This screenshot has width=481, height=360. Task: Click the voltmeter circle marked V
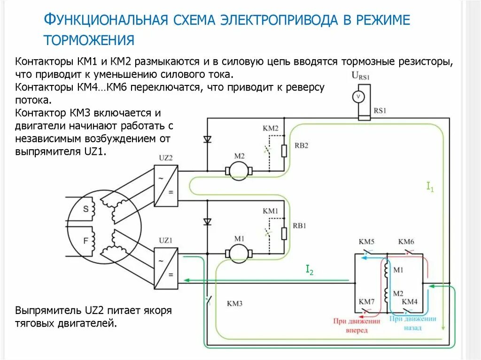tap(358, 96)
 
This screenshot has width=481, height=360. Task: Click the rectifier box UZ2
tap(166, 186)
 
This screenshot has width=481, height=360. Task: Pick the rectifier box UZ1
tap(166, 268)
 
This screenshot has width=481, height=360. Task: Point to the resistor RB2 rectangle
tap(284, 151)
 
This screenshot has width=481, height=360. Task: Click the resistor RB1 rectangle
tap(284, 233)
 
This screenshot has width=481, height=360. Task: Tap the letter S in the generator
tap(85, 209)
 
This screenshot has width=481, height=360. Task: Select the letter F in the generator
tap(85, 241)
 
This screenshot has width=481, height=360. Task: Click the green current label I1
tap(429, 187)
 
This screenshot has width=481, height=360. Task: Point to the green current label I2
tap(310, 269)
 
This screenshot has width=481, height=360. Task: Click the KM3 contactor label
tap(234, 304)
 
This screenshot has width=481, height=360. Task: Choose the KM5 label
tap(366, 242)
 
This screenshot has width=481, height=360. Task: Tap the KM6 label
tap(406, 242)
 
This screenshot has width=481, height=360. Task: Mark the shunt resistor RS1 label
tap(380, 111)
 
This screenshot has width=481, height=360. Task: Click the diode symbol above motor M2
tap(207, 139)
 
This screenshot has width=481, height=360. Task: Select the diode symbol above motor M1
tap(207, 222)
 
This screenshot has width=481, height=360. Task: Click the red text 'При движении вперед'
tap(357, 326)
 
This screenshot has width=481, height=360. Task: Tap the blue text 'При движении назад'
tap(413, 323)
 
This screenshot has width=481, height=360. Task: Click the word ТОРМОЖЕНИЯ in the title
tap(89, 40)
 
